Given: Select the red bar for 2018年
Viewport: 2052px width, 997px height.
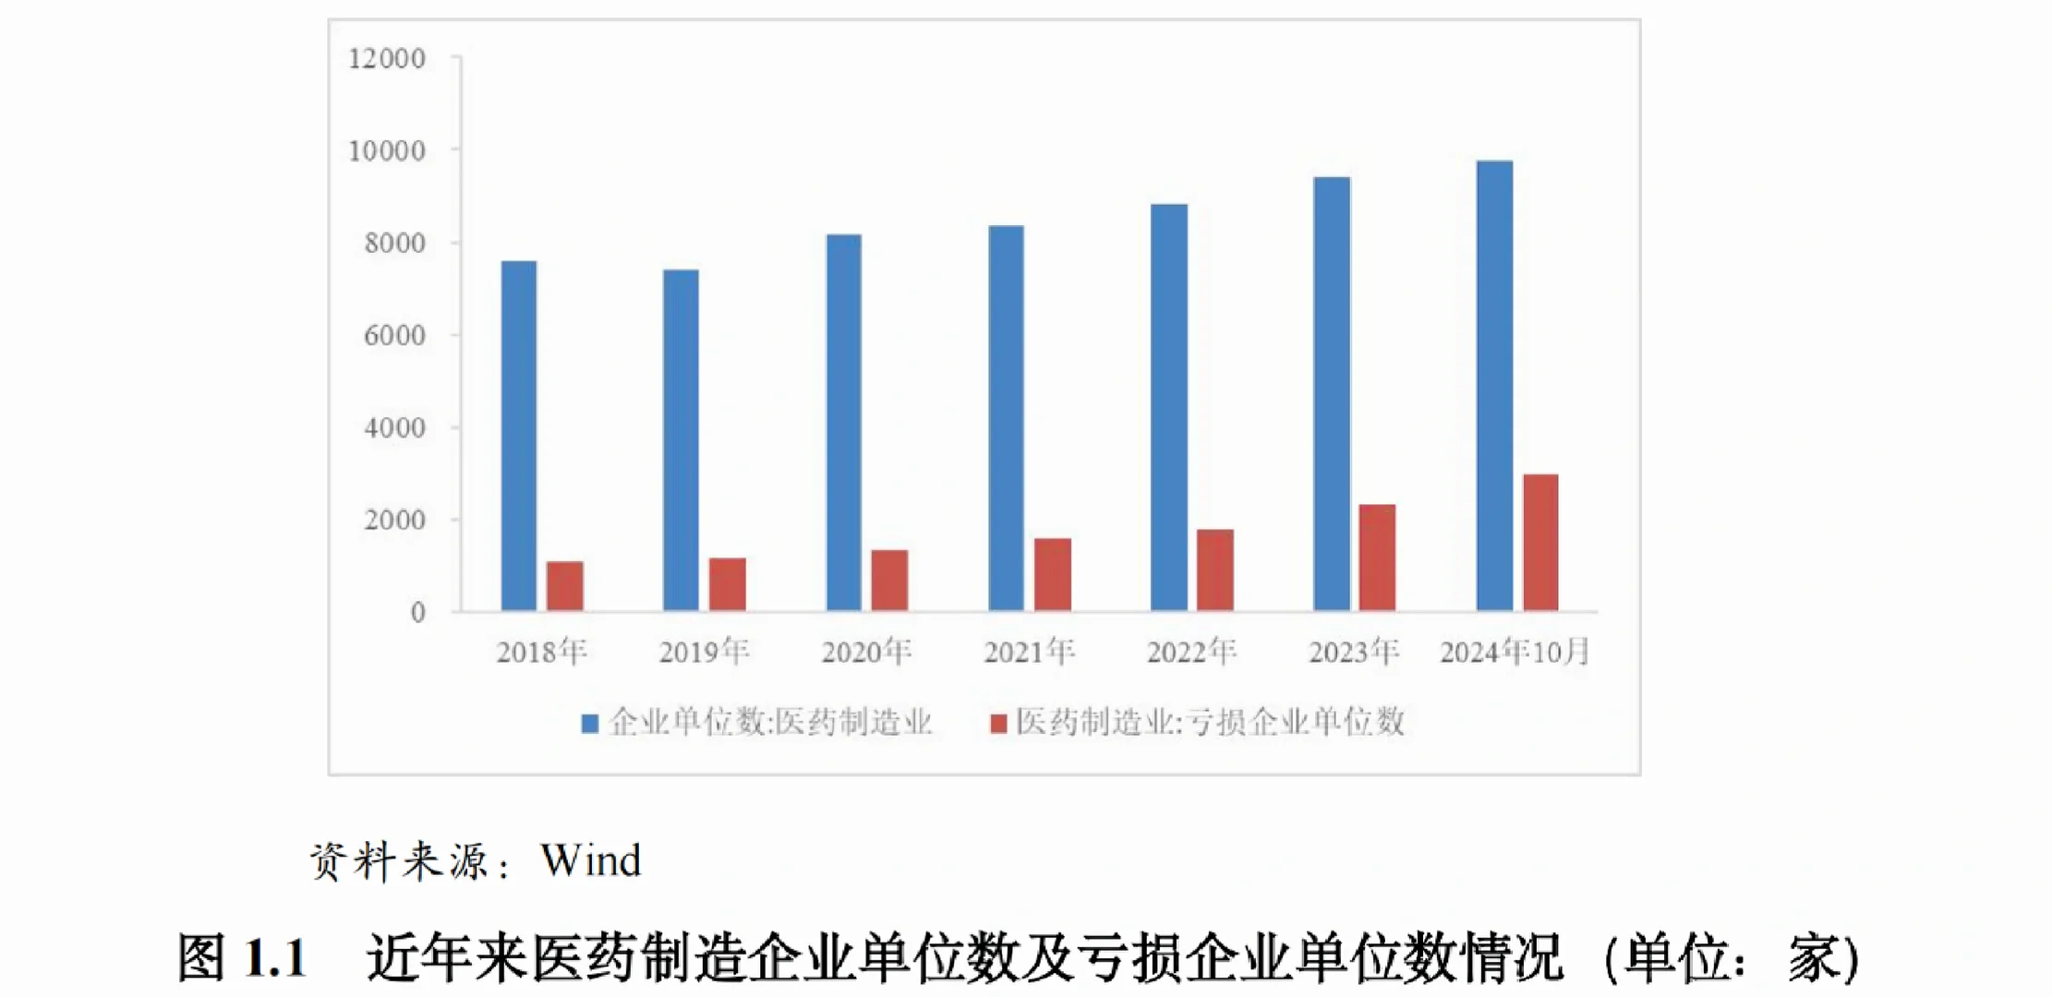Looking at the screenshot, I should (565, 586).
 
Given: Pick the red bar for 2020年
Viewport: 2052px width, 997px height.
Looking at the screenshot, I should (889, 581).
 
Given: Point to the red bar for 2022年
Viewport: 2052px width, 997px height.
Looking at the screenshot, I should (1215, 571).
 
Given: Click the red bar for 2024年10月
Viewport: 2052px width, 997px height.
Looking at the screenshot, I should (1540, 543).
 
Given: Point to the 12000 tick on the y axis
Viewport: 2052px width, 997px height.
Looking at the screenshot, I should (387, 59).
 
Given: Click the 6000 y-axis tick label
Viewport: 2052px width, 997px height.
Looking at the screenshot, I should (395, 335).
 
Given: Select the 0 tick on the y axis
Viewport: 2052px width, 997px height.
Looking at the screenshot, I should (418, 612).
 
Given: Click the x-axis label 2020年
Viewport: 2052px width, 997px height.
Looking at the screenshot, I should (866, 653).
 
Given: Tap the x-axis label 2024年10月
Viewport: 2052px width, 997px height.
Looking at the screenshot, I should (1515, 653).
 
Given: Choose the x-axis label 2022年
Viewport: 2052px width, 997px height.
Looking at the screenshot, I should (1191, 653).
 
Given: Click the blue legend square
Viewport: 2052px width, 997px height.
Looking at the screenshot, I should (589, 724).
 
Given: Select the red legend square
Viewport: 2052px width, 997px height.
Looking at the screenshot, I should (998, 724).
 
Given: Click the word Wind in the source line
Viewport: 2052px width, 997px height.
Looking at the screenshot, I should (591, 860).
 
